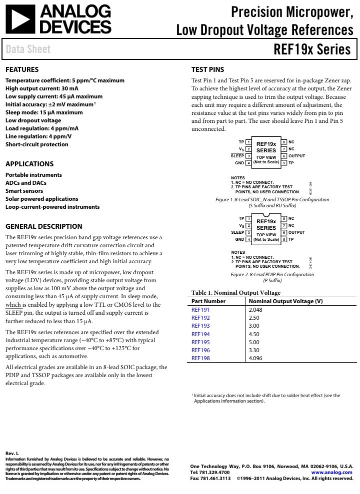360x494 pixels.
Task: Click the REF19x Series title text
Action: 312,50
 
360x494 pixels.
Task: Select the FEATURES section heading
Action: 22,69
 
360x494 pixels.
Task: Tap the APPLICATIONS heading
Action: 29,164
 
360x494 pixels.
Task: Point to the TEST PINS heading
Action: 208,69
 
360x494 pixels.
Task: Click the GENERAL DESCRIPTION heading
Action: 44,226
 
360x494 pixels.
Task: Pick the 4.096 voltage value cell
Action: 255,358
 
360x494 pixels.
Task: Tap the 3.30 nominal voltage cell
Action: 254,350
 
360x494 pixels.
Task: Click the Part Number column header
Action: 208,301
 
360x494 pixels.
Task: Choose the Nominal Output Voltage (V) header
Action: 285,301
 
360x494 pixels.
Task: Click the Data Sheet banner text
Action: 28,49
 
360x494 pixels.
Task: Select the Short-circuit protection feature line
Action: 37,144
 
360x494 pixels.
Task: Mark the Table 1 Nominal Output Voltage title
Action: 236,293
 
